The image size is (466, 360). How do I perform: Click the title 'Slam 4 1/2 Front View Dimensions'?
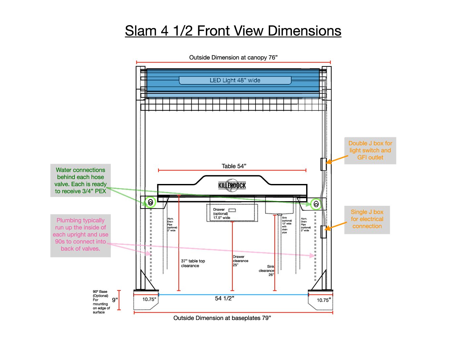[x=233, y=31]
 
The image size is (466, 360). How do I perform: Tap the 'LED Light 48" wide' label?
[x=235, y=80]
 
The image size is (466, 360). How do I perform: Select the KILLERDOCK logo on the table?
[x=232, y=185]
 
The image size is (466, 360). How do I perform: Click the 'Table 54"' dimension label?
[x=234, y=166]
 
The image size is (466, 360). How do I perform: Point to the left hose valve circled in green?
[x=151, y=202]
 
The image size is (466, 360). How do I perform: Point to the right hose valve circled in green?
[x=316, y=204]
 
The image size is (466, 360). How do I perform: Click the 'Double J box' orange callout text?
[x=370, y=151]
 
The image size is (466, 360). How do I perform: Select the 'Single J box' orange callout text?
[x=367, y=219]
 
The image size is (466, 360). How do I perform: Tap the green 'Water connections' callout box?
[x=80, y=180]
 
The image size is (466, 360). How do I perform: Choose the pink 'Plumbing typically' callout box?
[x=80, y=235]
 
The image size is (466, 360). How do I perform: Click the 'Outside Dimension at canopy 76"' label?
[x=233, y=58]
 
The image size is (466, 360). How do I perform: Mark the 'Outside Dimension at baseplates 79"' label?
[x=222, y=318]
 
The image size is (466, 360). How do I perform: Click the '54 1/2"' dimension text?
[x=224, y=298]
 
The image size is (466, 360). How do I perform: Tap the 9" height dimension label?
[x=115, y=300]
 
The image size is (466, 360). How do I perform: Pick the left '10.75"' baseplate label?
[x=149, y=299]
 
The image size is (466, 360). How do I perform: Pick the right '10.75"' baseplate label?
[x=324, y=300]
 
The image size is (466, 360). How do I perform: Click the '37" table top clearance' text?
[x=193, y=263]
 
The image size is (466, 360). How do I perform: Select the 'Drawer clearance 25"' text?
[x=240, y=261]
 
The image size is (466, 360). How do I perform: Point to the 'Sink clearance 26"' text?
[x=267, y=271]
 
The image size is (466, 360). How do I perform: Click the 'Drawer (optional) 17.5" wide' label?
[x=221, y=214]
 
